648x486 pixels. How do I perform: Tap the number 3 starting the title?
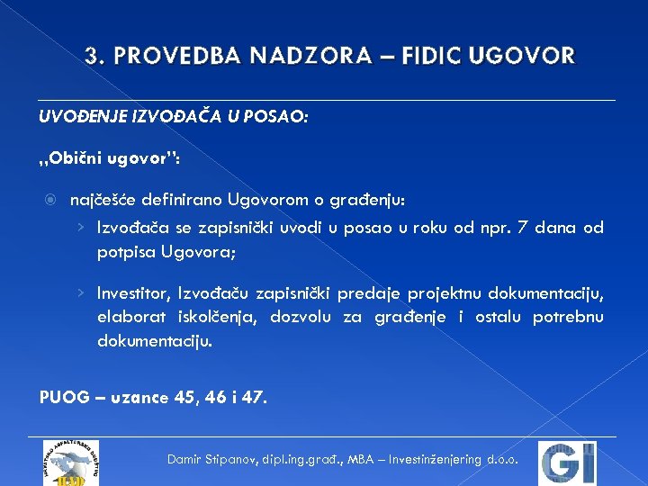91,56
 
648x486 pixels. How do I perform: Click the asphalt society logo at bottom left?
68,463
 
